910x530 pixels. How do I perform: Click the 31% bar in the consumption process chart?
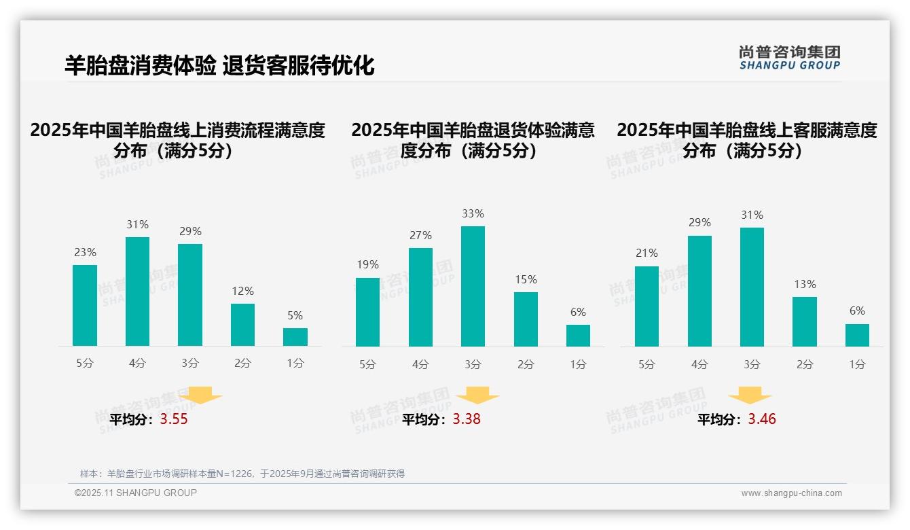(x=137, y=291)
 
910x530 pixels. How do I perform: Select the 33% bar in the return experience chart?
(x=473, y=286)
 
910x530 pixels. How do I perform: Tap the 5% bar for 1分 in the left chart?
(x=295, y=337)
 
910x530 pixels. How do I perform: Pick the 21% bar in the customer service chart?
(x=647, y=306)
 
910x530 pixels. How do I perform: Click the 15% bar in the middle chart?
(x=526, y=319)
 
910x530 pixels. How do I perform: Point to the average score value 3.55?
(x=174, y=419)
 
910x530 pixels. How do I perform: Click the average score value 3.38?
(x=467, y=419)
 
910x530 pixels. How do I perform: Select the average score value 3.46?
(x=762, y=419)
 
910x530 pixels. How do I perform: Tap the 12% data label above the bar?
(x=242, y=291)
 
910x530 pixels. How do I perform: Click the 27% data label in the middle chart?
(x=420, y=235)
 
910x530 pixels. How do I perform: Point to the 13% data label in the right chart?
(x=805, y=284)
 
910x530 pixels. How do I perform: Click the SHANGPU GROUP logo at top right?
(x=789, y=58)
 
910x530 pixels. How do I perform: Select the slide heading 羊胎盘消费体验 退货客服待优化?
(x=219, y=66)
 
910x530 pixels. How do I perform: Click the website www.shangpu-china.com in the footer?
(x=791, y=493)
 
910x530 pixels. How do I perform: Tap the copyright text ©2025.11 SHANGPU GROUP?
(x=136, y=493)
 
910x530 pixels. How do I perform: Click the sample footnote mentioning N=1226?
(x=242, y=474)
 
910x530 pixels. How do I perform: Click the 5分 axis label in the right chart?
(x=647, y=364)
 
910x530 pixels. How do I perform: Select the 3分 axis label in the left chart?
(x=190, y=364)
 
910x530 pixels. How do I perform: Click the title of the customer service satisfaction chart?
(x=746, y=140)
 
